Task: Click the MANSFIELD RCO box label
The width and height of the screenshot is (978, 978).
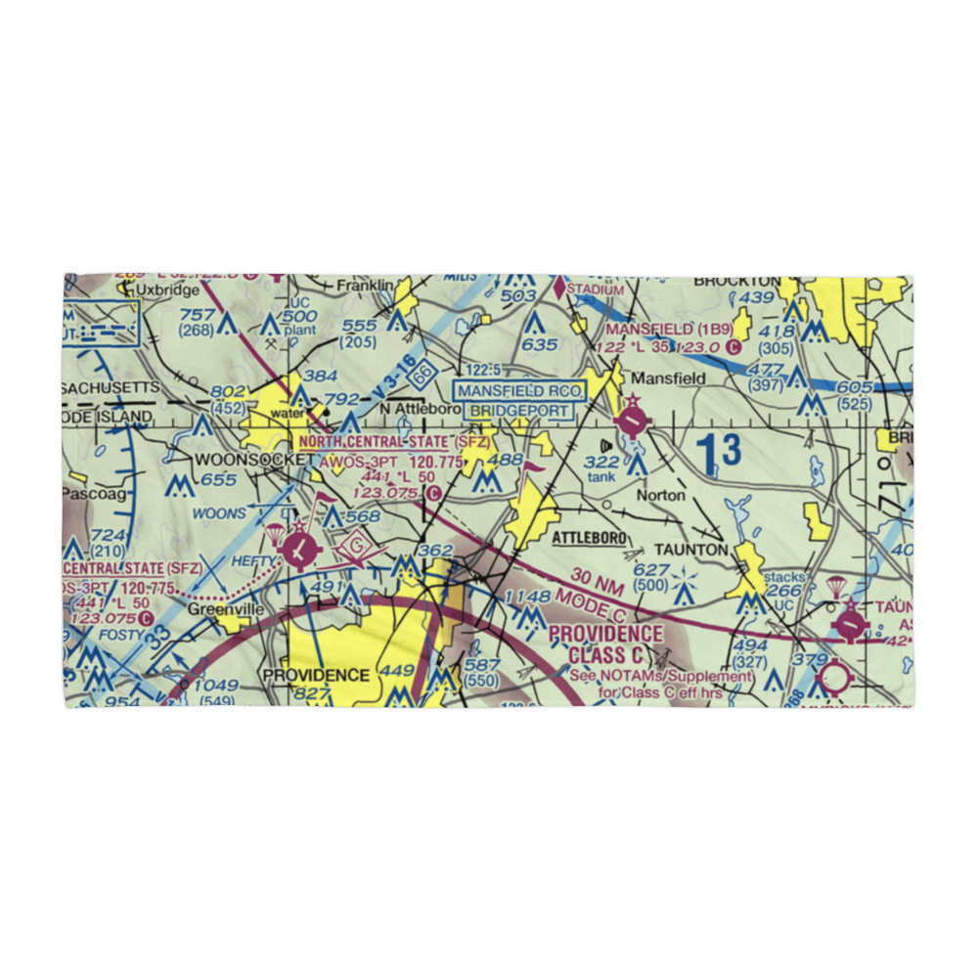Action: (x=519, y=391)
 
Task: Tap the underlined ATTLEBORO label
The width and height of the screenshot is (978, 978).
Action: (x=589, y=538)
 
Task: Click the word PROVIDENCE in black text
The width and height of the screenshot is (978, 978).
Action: (x=315, y=675)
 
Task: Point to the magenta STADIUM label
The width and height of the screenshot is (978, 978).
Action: (x=595, y=290)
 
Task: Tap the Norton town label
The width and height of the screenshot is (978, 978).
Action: (x=661, y=495)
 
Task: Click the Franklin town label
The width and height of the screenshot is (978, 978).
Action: (x=364, y=286)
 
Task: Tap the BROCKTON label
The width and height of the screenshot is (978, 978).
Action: (x=737, y=281)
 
